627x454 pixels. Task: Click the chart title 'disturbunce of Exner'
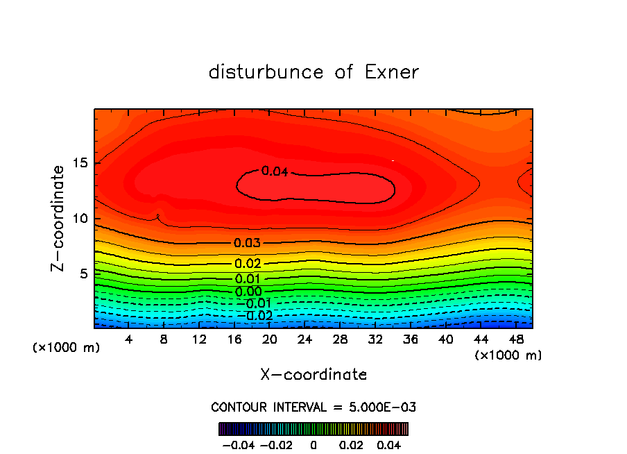pyautogui.click(x=313, y=72)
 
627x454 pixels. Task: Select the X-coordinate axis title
pyautogui.click(x=313, y=375)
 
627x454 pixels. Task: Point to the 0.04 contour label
pyautogui.click(x=275, y=171)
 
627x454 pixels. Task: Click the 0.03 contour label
pyautogui.click(x=248, y=243)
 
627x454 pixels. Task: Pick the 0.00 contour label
pyautogui.click(x=248, y=292)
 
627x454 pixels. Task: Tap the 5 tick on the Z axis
pyautogui.click(x=85, y=274)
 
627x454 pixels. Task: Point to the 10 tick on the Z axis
pyautogui.click(x=81, y=219)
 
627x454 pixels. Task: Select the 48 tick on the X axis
pyautogui.click(x=516, y=339)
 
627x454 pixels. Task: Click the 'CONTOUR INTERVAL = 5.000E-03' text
pyautogui.click(x=313, y=407)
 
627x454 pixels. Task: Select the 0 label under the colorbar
pyautogui.click(x=313, y=444)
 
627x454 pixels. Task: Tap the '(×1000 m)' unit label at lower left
pyautogui.click(x=67, y=348)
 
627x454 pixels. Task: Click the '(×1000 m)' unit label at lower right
pyautogui.click(x=508, y=355)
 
